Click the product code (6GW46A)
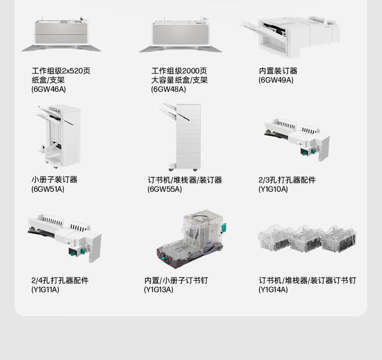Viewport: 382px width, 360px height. [x=48, y=89]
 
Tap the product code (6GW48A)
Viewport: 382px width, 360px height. [x=169, y=89]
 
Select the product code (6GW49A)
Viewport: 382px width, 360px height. [x=276, y=80]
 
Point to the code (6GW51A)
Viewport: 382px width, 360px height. [x=48, y=189]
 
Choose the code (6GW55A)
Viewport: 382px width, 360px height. [x=165, y=189]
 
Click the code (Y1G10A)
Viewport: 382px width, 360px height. [x=273, y=189]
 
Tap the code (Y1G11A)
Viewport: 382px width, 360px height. [x=45, y=290]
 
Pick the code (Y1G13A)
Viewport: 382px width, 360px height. [x=158, y=290]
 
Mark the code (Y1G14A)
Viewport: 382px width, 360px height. [x=273, y=290]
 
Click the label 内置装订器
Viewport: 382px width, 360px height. [x=278, y=71]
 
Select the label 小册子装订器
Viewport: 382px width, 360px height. [x=54, y=180]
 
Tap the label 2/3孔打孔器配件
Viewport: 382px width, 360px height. [x=287, y=180]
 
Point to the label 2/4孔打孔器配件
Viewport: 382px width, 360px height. [x=60, y=280]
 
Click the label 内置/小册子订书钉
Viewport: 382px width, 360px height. [x=176, y=280]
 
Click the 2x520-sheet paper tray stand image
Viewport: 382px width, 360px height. [x=61, y=34]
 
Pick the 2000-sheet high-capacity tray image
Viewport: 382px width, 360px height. [x=180, y=35]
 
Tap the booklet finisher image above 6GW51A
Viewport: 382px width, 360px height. [x=59, y=137]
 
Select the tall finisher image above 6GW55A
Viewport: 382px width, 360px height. [x=181, y=137]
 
